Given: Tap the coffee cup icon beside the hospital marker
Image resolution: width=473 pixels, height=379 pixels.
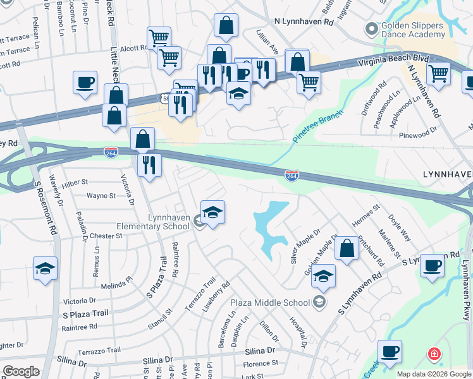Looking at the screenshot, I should pos(390,351).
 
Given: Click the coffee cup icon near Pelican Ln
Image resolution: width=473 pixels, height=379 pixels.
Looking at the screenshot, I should pos(85,81).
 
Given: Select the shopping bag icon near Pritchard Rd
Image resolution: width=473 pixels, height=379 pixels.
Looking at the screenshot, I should pos(347,248).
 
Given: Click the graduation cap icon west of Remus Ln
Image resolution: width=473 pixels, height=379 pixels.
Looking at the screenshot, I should pos(45,268).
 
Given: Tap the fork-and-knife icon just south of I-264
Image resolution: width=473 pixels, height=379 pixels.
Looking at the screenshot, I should pos(149,165).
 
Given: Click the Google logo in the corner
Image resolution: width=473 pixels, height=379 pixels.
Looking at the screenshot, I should pos(20,371).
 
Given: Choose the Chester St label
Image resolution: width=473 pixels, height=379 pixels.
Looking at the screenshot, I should pos(105,236).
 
